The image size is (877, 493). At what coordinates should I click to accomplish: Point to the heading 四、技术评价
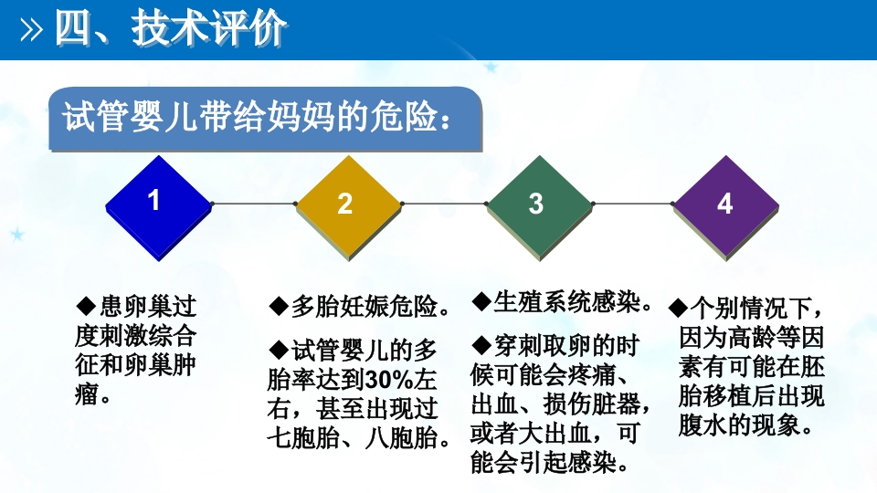pyautogui.click(x=171, y=29)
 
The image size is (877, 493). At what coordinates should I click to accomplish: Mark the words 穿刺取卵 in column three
pyautogui.click(x=543, y=346)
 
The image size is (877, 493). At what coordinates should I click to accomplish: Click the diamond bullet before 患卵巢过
pyautogui.click(x=85, y=303)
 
